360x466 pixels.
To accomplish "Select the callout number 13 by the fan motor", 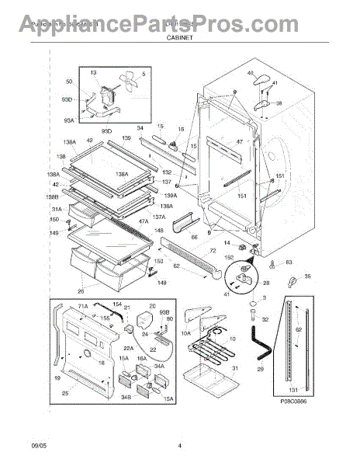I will click(x=93, y=71).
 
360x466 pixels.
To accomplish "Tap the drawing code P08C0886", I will click(x=294, y=424).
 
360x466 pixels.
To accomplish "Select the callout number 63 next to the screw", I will click(x=289, y=263).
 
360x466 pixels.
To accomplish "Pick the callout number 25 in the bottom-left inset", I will click(x=65, y=394).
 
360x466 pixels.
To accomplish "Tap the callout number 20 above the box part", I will click(x=152, y=306).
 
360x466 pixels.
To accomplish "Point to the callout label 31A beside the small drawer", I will click(x=57, y=209).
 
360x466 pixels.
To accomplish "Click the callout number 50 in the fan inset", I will click(x=67, y=82).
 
